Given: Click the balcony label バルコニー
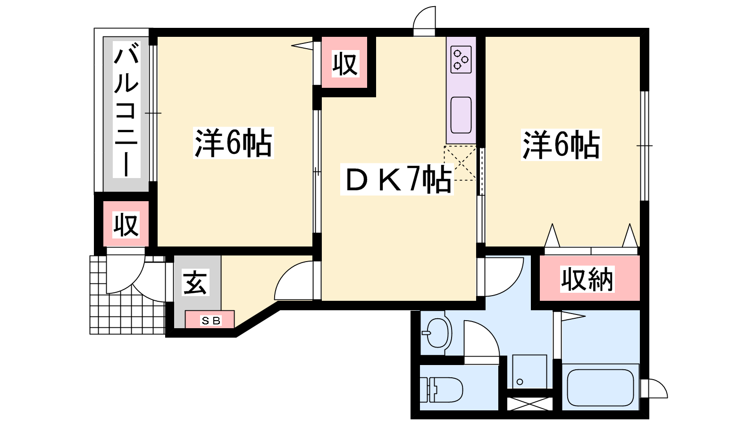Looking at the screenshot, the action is [126, 110].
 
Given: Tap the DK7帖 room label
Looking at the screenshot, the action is [397, 179].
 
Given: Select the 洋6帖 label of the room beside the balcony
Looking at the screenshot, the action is [233, 143].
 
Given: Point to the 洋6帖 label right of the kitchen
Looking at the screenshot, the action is [561, 144].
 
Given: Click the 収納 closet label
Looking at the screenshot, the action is [587, 279].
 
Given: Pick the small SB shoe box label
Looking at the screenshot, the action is [211, 321].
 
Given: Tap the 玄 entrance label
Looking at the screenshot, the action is [195, 283].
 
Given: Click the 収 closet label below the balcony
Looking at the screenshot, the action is [126, 225].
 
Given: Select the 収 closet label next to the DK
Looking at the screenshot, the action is [345, 63].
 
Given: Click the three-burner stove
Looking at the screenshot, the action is [461, 59].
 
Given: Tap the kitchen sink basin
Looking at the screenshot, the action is [461, 115].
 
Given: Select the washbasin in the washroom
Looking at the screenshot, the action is [437, 333].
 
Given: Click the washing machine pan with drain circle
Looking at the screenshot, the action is [529, 371].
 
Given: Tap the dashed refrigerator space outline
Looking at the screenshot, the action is [460, 163].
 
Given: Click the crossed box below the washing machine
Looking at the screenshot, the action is [530, 404].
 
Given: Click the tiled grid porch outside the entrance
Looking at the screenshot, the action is [127, 295].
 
